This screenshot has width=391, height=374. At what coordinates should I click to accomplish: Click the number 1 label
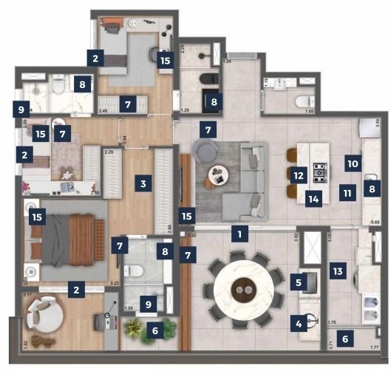239,234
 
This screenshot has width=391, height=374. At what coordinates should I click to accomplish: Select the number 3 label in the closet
144,180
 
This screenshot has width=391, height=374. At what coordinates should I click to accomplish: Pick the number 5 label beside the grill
299,281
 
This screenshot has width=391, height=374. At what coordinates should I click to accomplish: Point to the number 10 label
353,162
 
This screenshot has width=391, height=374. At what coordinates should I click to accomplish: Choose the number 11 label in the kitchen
345,193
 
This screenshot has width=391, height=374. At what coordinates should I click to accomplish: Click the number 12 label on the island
298,175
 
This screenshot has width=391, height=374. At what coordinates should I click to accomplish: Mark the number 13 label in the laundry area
338,271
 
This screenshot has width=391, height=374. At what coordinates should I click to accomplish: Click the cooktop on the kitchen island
319,173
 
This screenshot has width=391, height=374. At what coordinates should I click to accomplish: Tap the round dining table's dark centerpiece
242,290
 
